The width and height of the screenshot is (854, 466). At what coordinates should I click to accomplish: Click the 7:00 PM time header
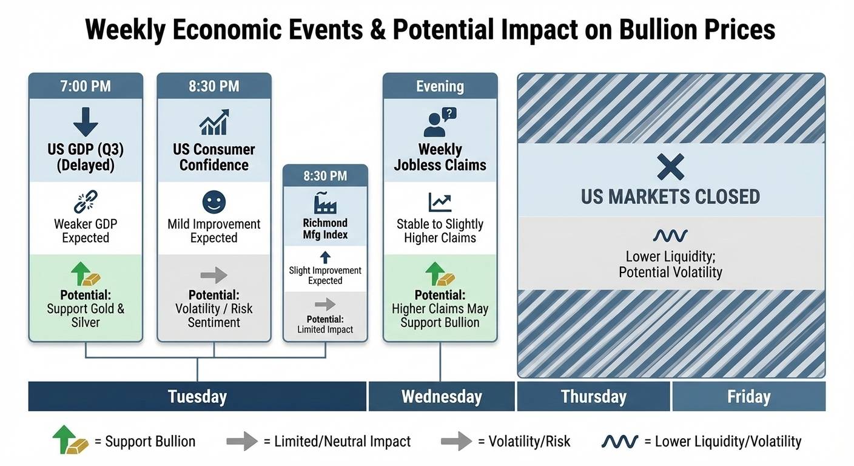pos(86,86)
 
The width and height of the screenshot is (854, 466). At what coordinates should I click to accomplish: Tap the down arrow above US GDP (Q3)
pos(86,121)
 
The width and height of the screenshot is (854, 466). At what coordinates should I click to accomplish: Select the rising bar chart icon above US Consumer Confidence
pos(214,122)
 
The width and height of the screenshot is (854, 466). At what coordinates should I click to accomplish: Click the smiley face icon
pos(214,202)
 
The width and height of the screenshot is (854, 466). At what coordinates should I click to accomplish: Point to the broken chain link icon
pos(86,201)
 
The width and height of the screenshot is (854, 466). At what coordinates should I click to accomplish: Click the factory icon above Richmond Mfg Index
pos(325,203)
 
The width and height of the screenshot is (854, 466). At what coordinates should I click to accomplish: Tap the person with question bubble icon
pos(440,122)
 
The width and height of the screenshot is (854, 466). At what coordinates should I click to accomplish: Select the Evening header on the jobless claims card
pos(440,86)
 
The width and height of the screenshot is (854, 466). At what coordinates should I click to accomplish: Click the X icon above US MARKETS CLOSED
pos(671,167)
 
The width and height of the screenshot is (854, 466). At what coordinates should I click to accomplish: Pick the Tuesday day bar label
pos(197,397)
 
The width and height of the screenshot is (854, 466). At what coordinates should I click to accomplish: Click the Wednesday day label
pos(442,397)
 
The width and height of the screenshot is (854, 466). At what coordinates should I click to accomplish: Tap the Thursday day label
pos(594,397)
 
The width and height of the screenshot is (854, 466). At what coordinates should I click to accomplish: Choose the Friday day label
pos(749,397)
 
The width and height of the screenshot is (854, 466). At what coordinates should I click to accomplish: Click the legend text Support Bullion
pos(150,442)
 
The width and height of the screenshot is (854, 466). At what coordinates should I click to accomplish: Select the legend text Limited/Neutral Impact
pos(342,442)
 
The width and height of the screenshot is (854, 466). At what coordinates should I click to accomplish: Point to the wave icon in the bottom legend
pos(619,442)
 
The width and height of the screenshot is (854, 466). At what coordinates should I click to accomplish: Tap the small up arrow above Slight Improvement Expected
pos(325,257)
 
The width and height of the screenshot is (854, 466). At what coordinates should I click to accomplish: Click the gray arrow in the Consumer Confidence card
pos(214,275)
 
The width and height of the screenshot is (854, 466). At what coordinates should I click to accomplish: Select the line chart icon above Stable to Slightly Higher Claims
pos(440,202)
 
